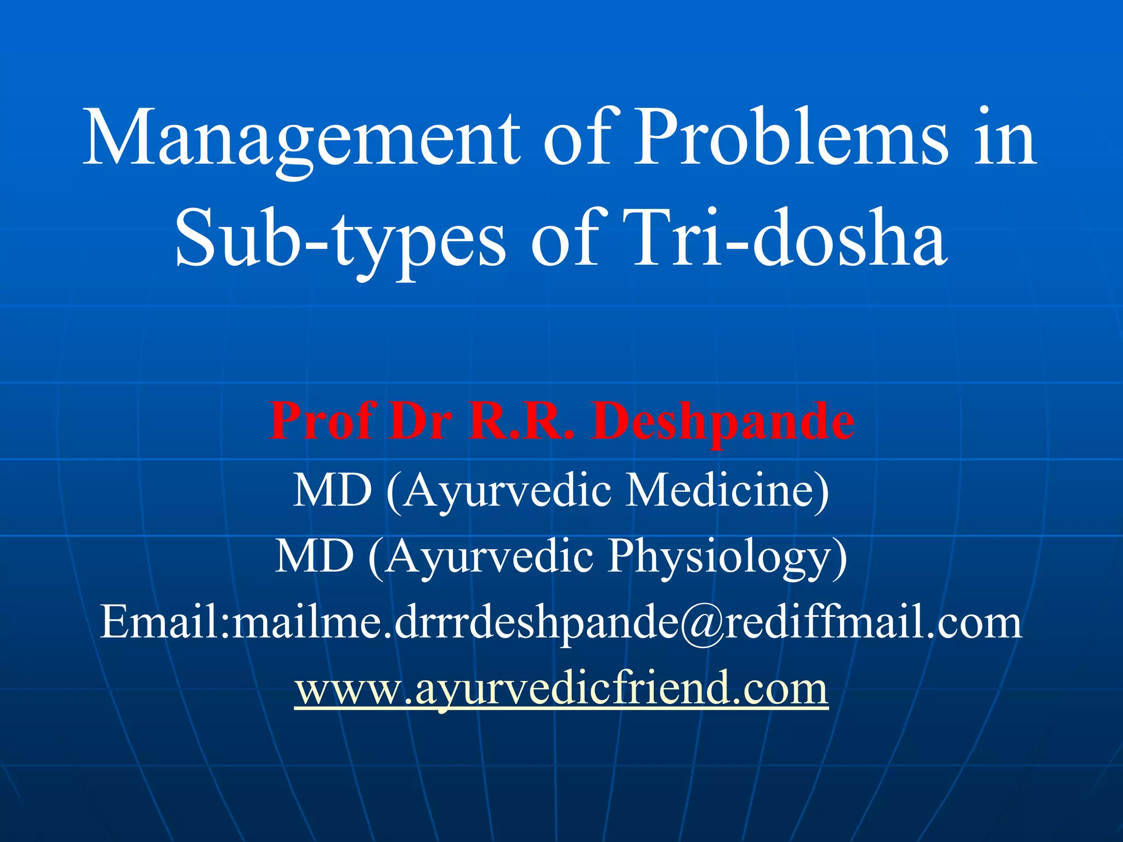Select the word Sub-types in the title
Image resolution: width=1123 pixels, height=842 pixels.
[x=340, y=239]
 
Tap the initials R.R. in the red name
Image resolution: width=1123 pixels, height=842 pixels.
[x=521, y=421]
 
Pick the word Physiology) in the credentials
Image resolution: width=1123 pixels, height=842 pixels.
[x=728, y=556]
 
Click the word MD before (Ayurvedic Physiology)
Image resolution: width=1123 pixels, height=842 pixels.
[x=314, y=556]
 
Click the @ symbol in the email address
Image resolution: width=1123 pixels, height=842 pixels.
[x=702, y=624]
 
